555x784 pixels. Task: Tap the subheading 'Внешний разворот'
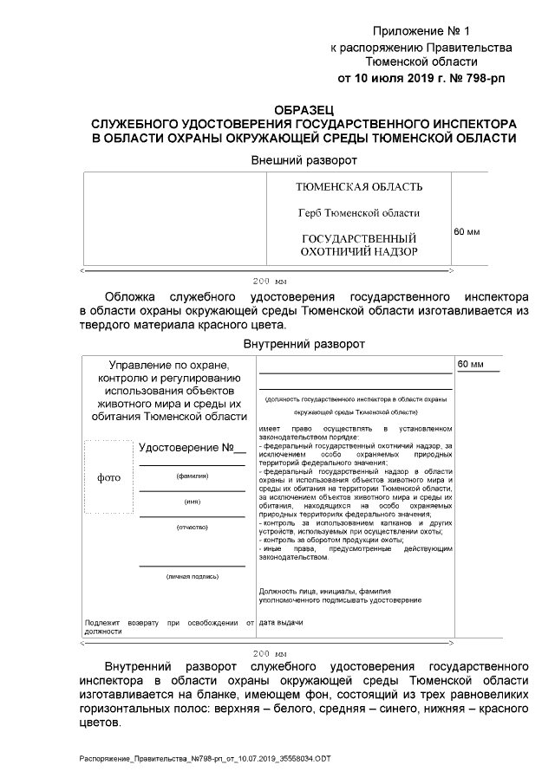pyautogui.click(x=304, y=160)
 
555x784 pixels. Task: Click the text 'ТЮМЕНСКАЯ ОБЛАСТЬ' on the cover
pyautogui.click(x=358, y=188)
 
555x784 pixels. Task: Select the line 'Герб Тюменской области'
pyautogui.click(x=358, y=213)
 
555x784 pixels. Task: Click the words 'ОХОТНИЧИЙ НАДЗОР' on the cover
pyautogui.click(x=358, y=252)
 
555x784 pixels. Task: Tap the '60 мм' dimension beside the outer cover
pyautogui.click(x=467, y=232)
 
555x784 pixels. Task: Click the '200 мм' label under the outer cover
pyautogui.click(x=269, y=282)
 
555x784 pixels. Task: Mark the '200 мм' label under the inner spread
pyautogui.click(x=269, y=652)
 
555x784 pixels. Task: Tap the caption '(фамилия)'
pyautogui.click(x=192, y=476)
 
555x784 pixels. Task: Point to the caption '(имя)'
pyautogui.click(x=192, y=502)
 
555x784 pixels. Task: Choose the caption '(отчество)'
pyautogui.click(x=192, y=527)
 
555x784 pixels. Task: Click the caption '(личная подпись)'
pyautogui.click(x=192, y=576)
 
